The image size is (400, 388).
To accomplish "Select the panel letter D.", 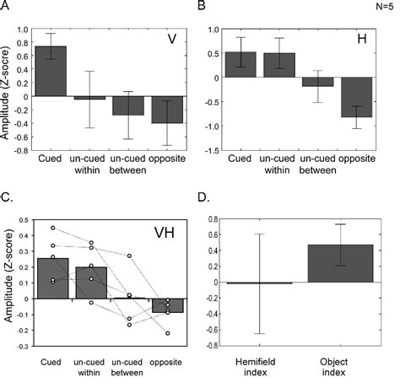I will coord(200,200).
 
